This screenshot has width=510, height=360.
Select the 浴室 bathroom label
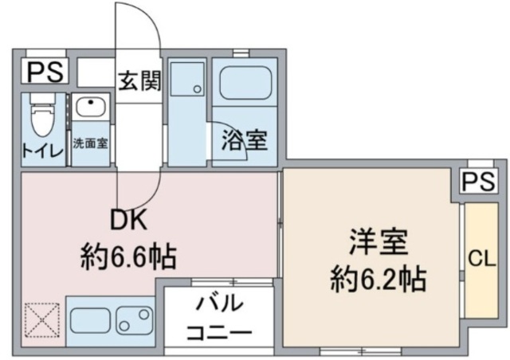coord(244,142)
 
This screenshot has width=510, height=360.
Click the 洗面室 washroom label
coord(90,145)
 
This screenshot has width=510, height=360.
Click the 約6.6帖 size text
coord(127,256)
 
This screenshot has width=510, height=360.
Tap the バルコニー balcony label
coord(219,318)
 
